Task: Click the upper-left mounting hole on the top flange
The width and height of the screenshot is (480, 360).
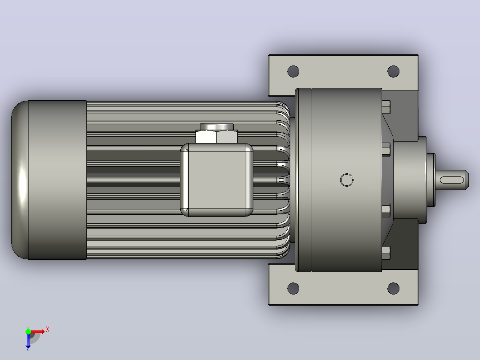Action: [x=293, y=71]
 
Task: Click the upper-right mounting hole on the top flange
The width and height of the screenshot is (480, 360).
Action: [x=393, y=71]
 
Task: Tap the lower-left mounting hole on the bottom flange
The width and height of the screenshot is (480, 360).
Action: [x=293, y=288]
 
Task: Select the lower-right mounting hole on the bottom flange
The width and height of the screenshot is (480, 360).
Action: [x=393, y=288]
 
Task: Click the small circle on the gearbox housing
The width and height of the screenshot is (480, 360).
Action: [x=346, y=180]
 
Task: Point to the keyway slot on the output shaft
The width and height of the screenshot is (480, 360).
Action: [x=452, y=180]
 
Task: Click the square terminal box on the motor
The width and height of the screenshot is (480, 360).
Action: [x=217, y=180]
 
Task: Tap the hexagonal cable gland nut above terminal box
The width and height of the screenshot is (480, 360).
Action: [x=217, y=137]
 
